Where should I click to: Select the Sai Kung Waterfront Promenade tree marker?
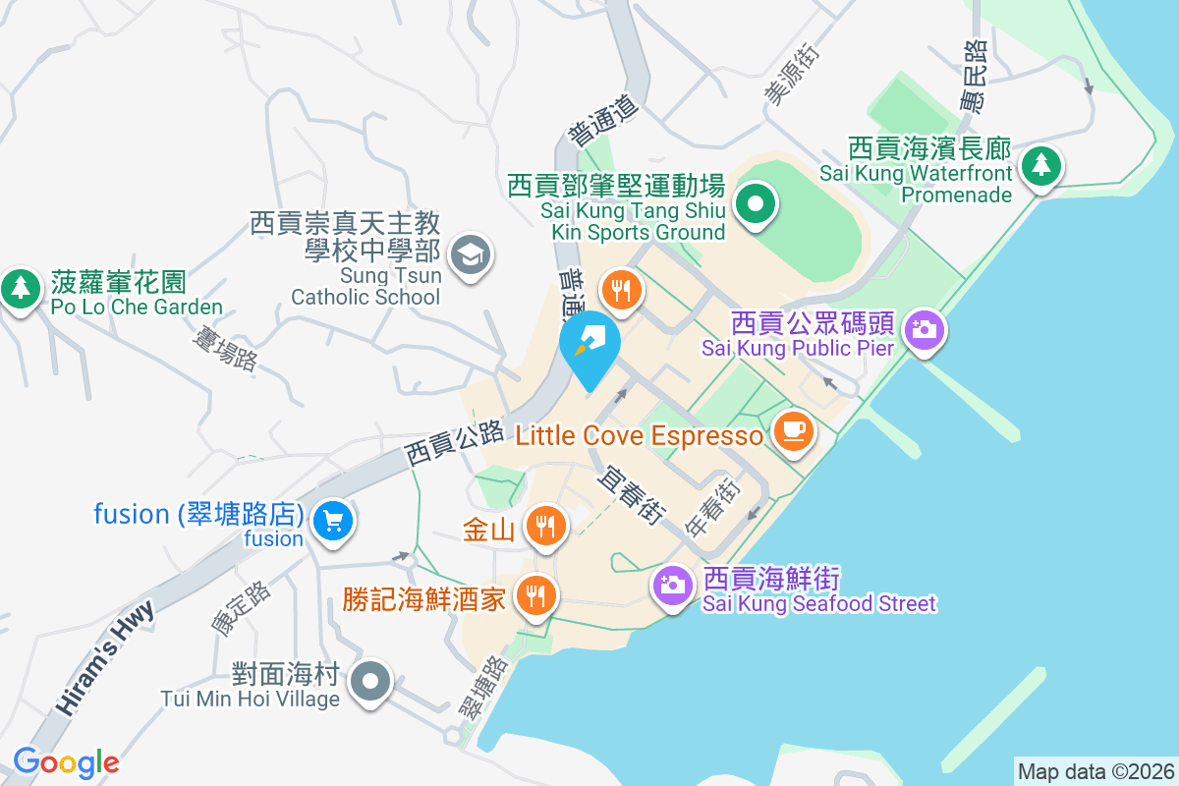(x=1040, y=165)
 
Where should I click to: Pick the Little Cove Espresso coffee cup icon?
(x=794, y=430)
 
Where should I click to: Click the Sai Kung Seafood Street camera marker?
(x=673, y=586)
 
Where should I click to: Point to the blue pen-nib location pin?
(x=589, y=344)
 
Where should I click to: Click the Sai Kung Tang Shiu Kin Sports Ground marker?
(x=756, y=205)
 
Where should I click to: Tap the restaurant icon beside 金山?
(x=543, y=527)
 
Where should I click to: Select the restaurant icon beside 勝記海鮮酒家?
(x=535, y=594)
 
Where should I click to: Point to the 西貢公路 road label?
(x=454, y=443)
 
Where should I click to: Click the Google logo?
(x=66, y=761)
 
